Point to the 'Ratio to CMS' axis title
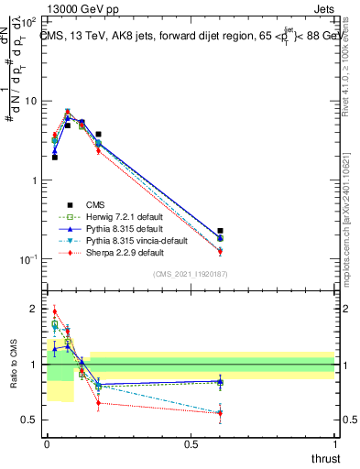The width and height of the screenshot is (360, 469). tap(12, 365)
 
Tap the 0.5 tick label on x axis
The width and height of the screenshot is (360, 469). tap(191, 445)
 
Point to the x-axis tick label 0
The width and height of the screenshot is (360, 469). tap(47, 445)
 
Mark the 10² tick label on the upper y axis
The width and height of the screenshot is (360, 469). tap(29, 21)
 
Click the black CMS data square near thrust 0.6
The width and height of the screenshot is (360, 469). tap(220, 232)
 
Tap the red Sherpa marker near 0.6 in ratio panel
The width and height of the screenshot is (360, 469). tap(220, 413)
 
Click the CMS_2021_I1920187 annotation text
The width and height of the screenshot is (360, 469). tap(191, 274)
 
